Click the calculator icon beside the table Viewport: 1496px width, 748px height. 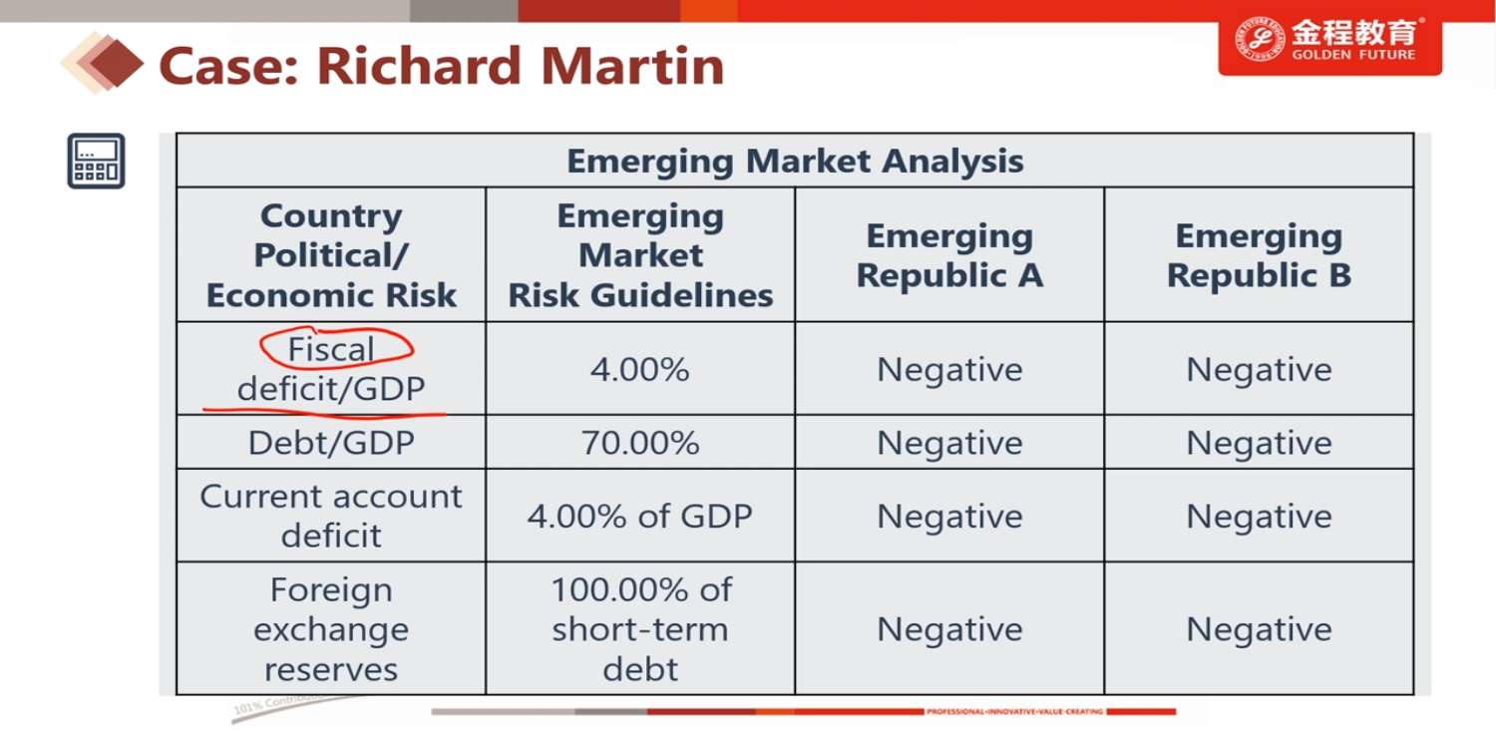pyautogui.click(x=96, y=161)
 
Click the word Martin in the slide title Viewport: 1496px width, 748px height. pyautogui.click(x=631, y=66)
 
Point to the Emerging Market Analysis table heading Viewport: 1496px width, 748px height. pyautogui.click(x=795, y=161)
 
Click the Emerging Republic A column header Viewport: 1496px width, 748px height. pyautogui.click(x=949, y=255)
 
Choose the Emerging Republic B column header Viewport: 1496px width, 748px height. pyautogui.click(x=1259, y=255)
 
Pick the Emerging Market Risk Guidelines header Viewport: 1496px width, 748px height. pyautogui.click(x=640, y=255)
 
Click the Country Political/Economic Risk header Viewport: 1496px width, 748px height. pyautogui.click(x=331, y=255)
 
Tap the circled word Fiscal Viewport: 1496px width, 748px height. pyautogui.click(x=331, y=349)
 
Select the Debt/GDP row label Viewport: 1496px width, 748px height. pyautogui.click(x=331, y=442)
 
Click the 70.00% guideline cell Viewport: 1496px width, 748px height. pyautogui.click(x=640, y=442)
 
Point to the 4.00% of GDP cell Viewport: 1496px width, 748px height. pyautogui.click(x=640, y=516)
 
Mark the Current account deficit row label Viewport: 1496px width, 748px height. pyautogui.click(x=331, y=516)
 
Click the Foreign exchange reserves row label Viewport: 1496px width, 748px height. pyautogui.click(x=331, y=629)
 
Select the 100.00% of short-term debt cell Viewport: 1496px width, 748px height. pyautogui.click(x=640, y=629)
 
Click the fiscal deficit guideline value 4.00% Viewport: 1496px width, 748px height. pyautogui.click(x=640, y=369)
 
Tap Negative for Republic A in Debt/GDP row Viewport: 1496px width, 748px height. pyautogui.click(x=949, y=442)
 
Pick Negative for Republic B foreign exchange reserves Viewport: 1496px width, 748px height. pyautogui.click(x=1259, y=629)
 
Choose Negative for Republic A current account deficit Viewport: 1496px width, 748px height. pyautogui.click(x=949, y=516)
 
